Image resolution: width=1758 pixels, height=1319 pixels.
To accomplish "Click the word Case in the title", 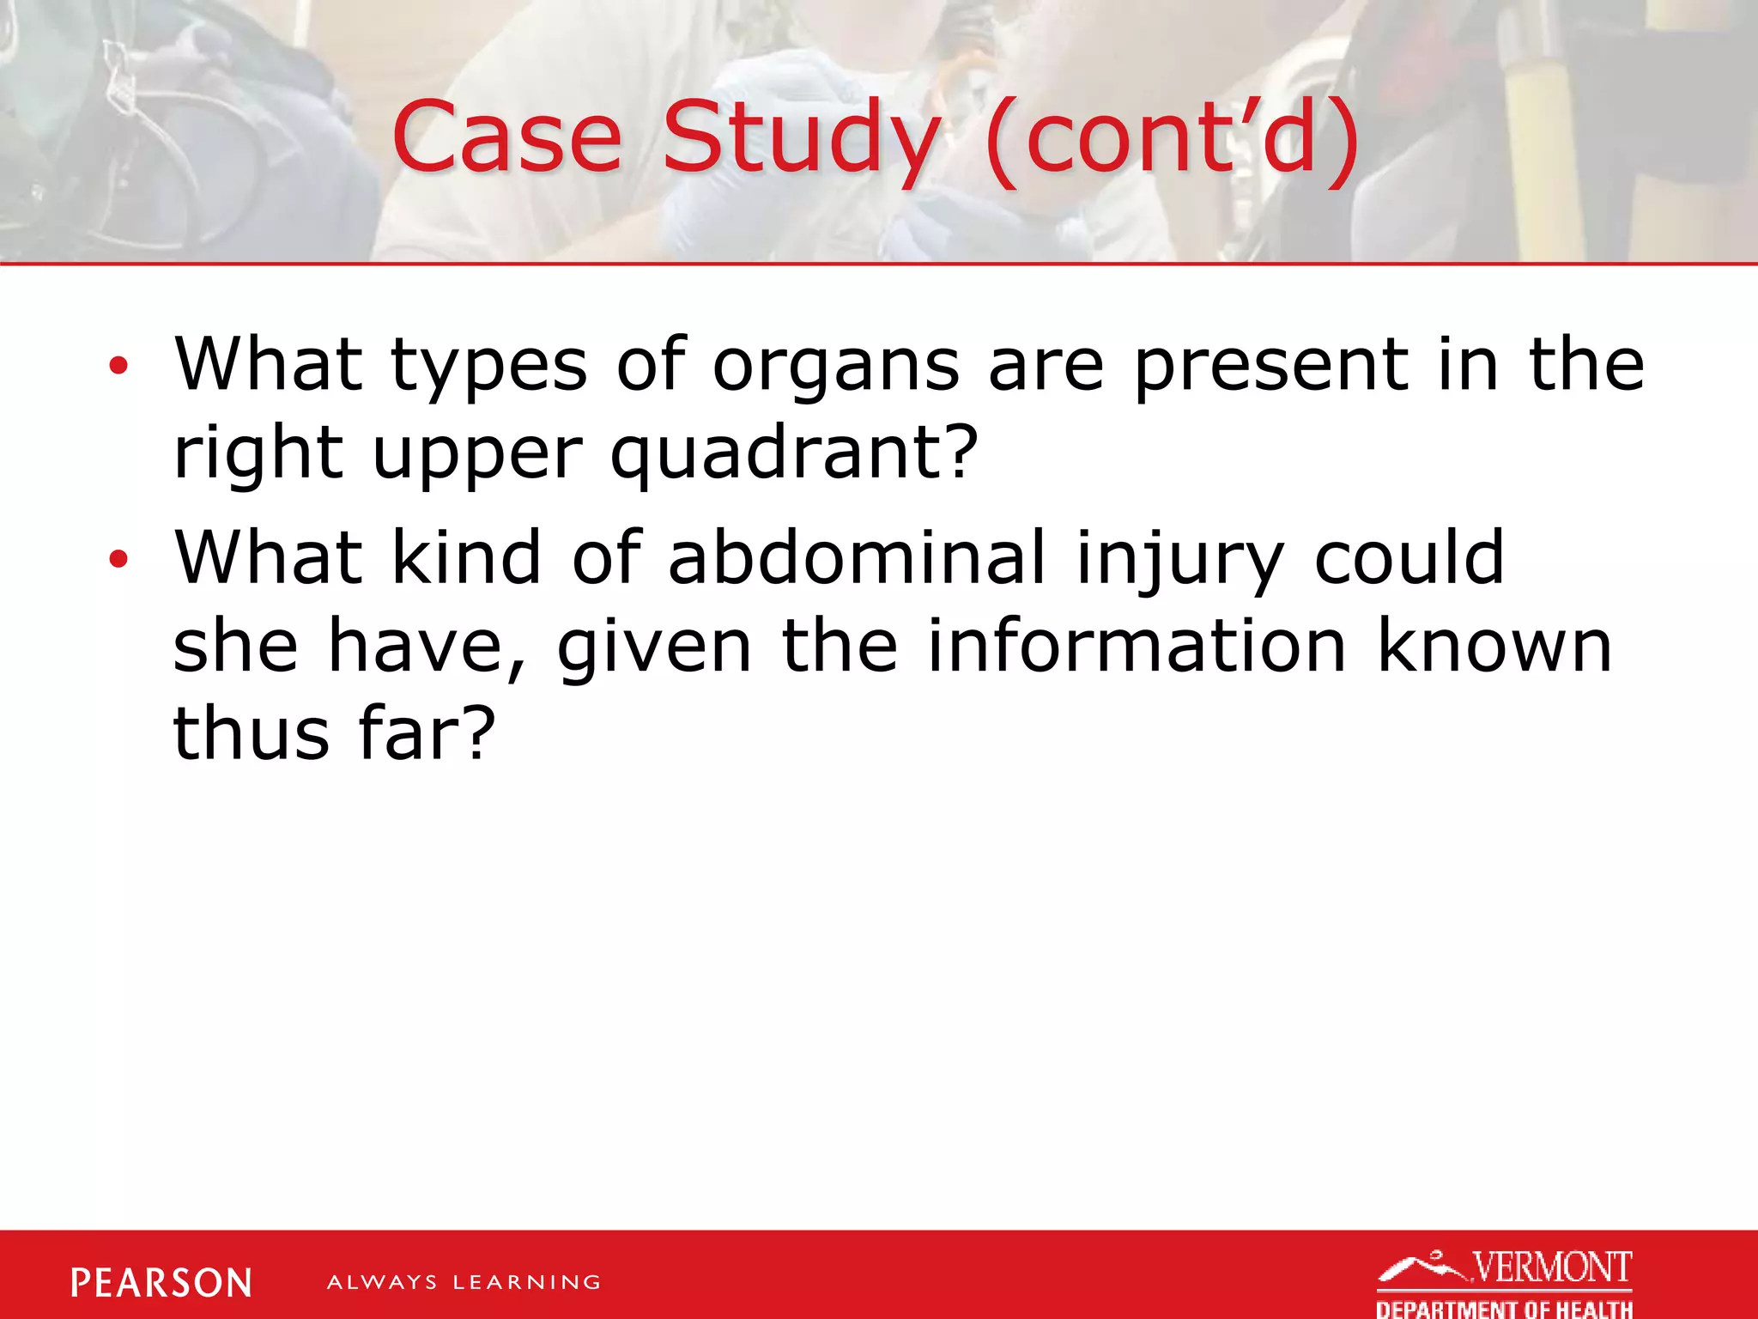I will (x=506, y=137).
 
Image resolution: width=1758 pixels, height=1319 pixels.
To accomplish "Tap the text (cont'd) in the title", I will (x=1173, y=137).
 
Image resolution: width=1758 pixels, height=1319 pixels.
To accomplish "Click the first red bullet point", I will (x=118, y=367).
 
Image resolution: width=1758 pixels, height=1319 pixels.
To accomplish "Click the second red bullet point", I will (x=118, y=560).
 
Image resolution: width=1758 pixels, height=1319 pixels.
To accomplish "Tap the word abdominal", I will (x=857, y=558).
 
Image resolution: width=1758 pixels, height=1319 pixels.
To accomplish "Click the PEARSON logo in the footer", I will (x=161, y=1283).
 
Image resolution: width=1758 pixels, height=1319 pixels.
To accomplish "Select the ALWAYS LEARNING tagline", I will (x=464, y=1283).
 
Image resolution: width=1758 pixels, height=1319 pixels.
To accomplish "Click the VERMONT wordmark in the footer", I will (x=1552, y=1267).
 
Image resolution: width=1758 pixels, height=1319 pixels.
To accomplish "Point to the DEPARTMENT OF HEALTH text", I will (x=1504, y=1309).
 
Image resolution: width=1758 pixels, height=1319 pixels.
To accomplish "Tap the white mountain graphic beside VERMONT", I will (x=1421, y=1267).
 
